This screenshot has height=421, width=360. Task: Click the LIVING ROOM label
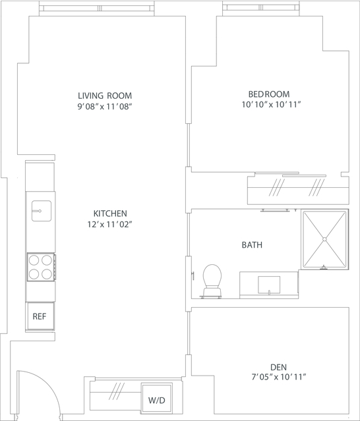(105, 96)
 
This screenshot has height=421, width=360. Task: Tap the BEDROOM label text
(269, 94)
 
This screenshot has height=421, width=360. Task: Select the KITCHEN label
(110, 213)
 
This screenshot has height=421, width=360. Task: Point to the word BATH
(252, 245)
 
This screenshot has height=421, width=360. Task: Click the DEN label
(278, 367)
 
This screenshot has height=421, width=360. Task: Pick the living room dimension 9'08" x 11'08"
(105, 107)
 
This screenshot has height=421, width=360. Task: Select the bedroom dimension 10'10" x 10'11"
(271, 105)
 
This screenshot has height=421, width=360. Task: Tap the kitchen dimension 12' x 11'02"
(110, 224)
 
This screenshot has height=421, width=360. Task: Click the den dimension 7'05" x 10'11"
(279, 378)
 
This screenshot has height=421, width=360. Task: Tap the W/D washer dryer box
(157, 399)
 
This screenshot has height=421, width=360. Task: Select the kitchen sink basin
(42, 211)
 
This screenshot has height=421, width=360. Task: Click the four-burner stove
(41, 267)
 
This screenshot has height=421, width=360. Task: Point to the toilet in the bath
(212, 281)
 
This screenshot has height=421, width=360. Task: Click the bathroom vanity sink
(269, 285)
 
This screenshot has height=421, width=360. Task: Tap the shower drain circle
(324, 239)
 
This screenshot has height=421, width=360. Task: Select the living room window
(97, 9)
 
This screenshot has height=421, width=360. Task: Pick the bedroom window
(261, 9)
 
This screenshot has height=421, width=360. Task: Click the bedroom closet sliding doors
(291, 174)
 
